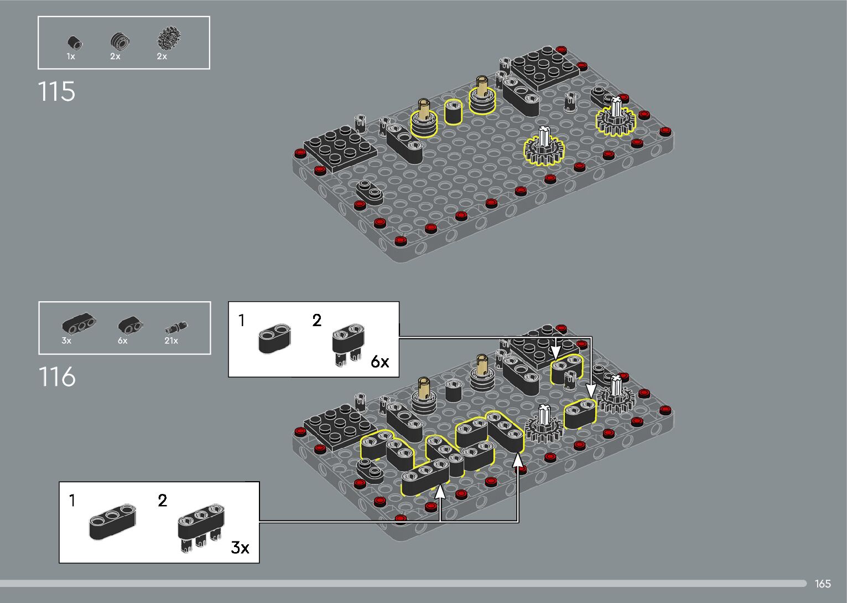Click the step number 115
pyautogui.click(x=57, y=91)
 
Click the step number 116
pyautogui.click(x=57, y=377)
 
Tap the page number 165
pyautogui.click(x=823, y=584)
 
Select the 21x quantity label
pyautogui.click(x=171, y=341)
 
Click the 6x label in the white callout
pyautogui.click(x=380, y=362)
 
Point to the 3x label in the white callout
pyautogui.click(x=240, y=548)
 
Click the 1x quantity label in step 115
pyautogui.click(x=71, y=56)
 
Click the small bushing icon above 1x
pyautogui.click(x=75, y=43)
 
